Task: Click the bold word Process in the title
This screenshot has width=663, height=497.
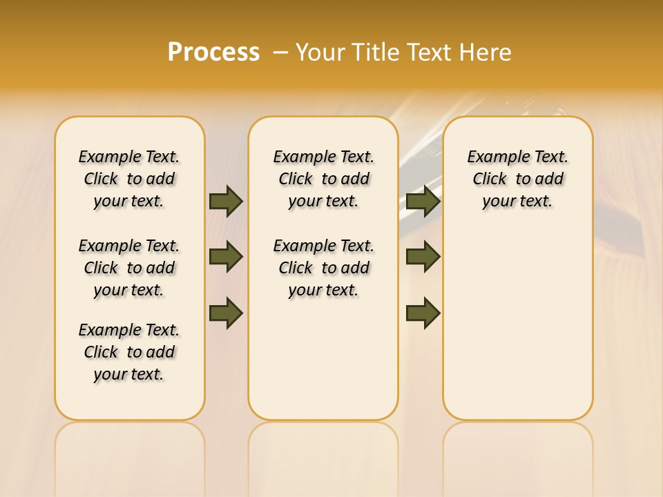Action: (x=213, y=52)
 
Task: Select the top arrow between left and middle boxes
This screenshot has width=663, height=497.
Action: (x=226, y=201)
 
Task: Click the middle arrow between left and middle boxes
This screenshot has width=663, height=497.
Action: (x=226, y=257)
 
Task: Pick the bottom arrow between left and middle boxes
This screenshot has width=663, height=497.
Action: (x=226, y=313)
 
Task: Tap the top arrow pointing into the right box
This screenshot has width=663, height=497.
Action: (x=423, y=201)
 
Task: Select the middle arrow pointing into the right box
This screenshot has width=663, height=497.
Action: (x=423, y=257)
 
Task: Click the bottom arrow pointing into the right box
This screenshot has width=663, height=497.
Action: (x=423, y=313)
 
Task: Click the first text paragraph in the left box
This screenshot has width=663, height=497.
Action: (x=129, y=179)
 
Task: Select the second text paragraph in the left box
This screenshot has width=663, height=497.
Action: (x=129, y=268)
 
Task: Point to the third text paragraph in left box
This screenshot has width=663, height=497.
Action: (x=129, y=352)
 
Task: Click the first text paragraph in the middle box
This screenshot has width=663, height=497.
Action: (x=323, y=179)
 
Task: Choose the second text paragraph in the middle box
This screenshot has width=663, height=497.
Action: (x=323, y=268)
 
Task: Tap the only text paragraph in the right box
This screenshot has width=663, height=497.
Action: (x=517, y=179)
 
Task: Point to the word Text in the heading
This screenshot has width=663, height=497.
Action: (x=427, y=52)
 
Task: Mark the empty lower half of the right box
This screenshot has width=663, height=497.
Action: (x=517, y=331)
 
